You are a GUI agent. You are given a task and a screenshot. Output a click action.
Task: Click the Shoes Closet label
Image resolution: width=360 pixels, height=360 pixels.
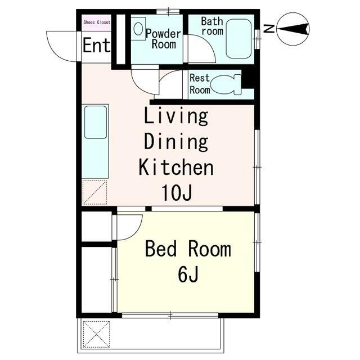97,22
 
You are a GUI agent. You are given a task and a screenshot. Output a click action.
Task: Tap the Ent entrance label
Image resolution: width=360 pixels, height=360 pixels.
96,46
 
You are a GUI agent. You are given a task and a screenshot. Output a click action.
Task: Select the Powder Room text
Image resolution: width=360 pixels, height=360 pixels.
164,39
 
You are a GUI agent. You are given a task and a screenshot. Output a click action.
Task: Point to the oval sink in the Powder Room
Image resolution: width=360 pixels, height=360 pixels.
138,29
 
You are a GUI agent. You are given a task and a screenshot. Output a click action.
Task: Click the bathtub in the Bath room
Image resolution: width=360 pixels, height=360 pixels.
238,39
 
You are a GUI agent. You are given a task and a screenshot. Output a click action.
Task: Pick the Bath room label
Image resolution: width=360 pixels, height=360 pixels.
212,26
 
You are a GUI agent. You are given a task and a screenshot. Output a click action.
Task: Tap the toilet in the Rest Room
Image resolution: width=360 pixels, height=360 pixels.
226,84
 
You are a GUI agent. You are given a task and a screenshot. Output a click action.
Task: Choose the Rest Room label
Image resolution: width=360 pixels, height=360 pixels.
200,84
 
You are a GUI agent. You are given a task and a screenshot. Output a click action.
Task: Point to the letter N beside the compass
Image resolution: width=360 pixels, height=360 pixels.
269,29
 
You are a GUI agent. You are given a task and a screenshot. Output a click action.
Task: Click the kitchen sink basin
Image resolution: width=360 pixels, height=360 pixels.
96,122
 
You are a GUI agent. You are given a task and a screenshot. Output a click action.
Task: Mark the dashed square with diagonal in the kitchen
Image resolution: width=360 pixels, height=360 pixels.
94,192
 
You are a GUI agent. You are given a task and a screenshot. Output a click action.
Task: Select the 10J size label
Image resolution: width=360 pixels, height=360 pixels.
177,192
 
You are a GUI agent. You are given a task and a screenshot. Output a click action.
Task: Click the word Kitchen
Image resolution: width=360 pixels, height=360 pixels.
176,167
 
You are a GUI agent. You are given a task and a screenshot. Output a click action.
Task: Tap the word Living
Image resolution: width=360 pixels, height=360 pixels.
176,117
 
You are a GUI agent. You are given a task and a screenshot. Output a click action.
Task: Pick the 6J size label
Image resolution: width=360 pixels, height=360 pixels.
188,274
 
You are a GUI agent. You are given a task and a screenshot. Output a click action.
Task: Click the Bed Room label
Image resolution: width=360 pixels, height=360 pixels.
188,249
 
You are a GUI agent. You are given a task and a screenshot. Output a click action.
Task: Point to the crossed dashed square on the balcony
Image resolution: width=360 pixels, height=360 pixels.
96,334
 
